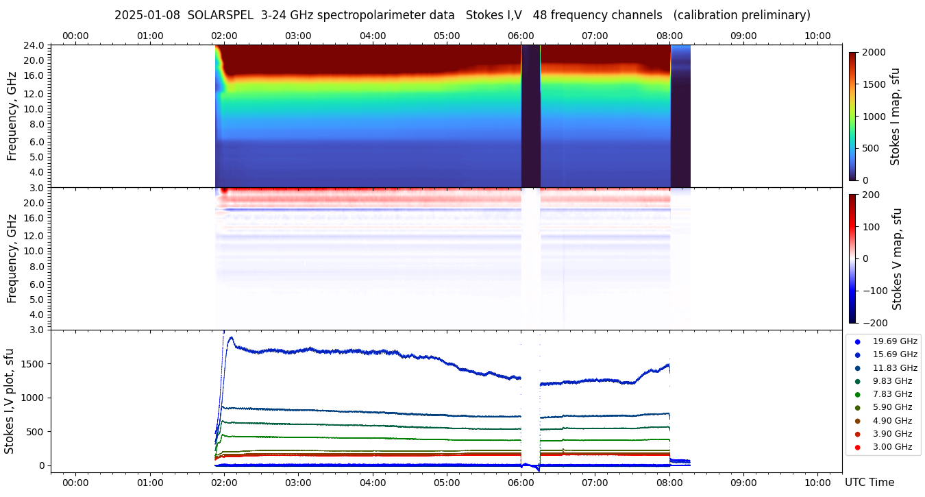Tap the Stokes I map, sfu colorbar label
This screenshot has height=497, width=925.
[x=896, y=117]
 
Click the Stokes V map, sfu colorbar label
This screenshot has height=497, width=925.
[x=897, y=259]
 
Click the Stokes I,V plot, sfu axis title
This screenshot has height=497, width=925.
[x=10, y=401]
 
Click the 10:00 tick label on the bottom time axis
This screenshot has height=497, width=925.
[x=817, y=482]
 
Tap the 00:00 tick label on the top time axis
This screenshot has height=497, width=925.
[x=75, y=36]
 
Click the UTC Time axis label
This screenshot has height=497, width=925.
[x=870, y=483]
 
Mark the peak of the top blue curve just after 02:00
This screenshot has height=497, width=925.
[x=231, y=337]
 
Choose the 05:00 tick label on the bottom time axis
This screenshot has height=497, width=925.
[x=447, y=482]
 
